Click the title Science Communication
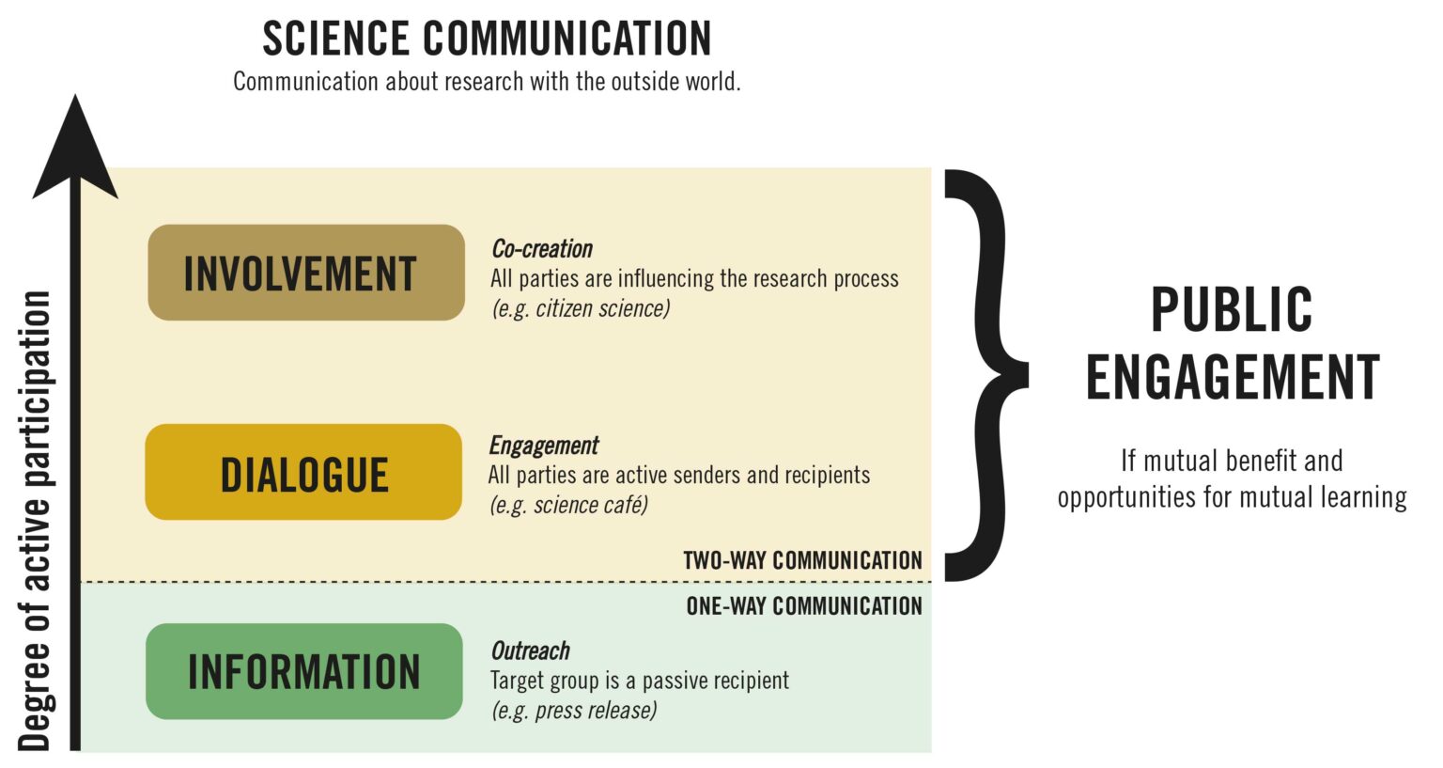(x=487, y=39)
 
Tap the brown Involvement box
(x=306, y=272)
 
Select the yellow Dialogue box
(x=303, y=472)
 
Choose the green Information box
(x=304, y=671)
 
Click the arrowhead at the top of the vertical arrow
(x=75, y=149)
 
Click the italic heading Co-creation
(x=542, y=249)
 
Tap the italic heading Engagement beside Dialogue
(x=544, y=446)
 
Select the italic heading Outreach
(x=530, y=650)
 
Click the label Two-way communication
(x=802, y=560)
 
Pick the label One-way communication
(x=804, y=606)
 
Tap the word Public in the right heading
(x=1232, y=310)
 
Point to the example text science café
(x=591, y=505)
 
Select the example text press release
(x=596, y=711)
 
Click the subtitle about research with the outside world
(x=487, y=82)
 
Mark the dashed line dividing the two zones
(x=505, y=582)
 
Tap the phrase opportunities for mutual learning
(x=1233, y=498)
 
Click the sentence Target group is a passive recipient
(x=640, y=681)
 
